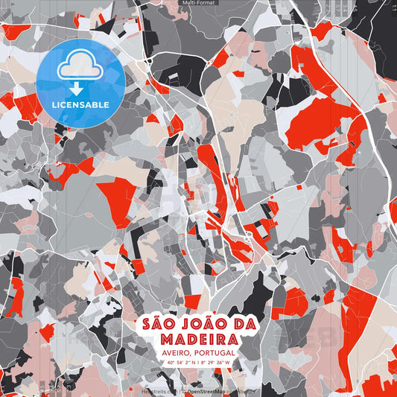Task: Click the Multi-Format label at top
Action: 198,3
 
